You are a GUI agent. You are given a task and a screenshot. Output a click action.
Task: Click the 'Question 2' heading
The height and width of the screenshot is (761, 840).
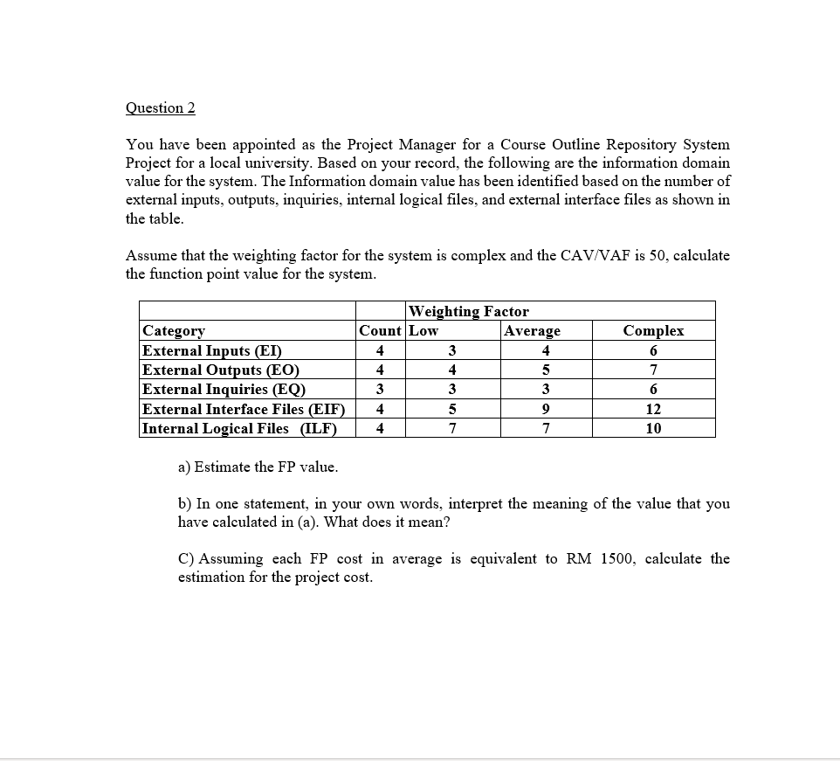(x=161, y=107)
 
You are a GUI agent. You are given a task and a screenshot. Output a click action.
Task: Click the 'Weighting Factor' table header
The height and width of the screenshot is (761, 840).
(x=469, y=311)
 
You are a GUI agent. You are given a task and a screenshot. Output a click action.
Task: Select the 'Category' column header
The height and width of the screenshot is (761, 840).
(x=174, y=330)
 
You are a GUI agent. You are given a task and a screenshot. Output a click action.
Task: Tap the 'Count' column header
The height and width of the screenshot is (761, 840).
(x=380, y=330)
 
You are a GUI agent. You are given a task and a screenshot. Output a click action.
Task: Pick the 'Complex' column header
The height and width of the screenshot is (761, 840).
(x=653, y=330)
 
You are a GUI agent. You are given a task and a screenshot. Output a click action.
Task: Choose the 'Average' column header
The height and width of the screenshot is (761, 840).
(x=533, y=330)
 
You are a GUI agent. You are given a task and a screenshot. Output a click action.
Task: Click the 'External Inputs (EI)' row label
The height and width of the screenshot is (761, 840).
(x=211, y=350)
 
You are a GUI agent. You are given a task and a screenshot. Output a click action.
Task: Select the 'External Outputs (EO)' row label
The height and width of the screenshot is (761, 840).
(x=220, y=370)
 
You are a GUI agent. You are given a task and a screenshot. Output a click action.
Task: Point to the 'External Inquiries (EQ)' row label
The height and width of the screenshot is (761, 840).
(x=224, y=389)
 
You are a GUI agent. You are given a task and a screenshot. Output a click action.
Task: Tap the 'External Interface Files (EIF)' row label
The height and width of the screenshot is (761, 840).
(x=244, y=409)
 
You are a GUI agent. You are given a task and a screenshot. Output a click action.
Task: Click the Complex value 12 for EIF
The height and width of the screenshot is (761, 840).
(x=653, y=409)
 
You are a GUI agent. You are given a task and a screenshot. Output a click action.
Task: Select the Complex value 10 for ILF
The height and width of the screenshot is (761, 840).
(x=653, y=428)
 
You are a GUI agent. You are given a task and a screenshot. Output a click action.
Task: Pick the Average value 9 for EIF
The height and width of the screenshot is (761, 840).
(x=545, y=409)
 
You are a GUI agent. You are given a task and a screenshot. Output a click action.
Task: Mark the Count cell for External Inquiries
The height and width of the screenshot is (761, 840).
(x=379, y=389)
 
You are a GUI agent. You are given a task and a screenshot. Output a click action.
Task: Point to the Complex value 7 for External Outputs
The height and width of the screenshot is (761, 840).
(x=653, y=370)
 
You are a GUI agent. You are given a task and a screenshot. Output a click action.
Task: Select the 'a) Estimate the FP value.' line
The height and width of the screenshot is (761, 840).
(x=258, y=467)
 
